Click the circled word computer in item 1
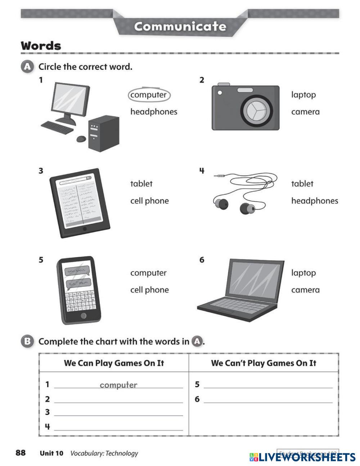[x=149, y=95]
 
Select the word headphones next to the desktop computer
[x=154, y=112]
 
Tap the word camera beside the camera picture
[x=305, y=112]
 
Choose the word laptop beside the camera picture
[x=303, y=95]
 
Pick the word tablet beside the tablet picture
[x=141, y=184]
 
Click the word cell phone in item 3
[x=149, y=201]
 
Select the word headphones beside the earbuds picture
[x=315, y=201]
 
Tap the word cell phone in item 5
[x=149, y=290]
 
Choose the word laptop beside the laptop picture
[x=303, y=273]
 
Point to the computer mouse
[x=81, y=139]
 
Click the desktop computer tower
[x=103, y=133]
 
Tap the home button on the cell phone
[x=84, y=316]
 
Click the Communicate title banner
[x=180, y=26]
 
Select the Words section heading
[x=41, y=46]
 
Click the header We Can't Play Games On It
[x=264, y=363]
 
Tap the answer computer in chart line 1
[x=118, y=385]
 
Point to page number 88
[x=21, y=453]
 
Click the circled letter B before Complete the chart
[x=27, y=341]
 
